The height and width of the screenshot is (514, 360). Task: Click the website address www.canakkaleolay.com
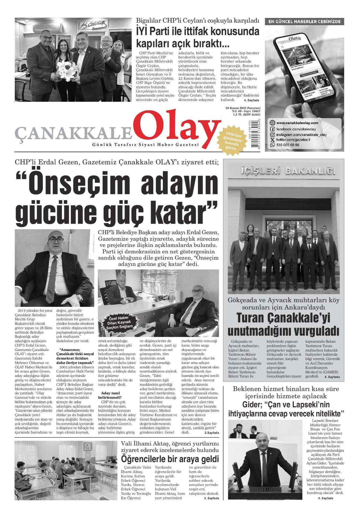click(297, 123)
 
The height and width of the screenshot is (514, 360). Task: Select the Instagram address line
click(301, 135)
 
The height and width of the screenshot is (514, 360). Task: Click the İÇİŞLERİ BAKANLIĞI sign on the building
click(288, 171)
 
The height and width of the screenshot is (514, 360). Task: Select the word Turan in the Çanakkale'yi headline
click(250, 318)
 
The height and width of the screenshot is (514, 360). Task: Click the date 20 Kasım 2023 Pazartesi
click(243, 108)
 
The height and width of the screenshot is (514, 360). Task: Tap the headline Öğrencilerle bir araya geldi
click(170, 459)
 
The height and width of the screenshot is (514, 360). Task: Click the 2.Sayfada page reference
click(212, 433)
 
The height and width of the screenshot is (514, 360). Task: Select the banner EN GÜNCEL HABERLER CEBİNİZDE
click(304, 22)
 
